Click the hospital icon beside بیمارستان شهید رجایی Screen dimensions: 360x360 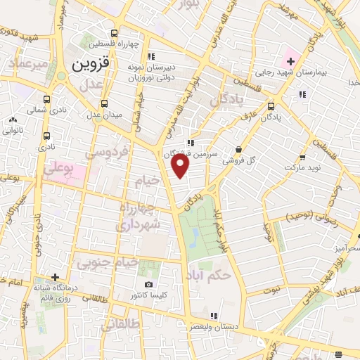coord(290,62)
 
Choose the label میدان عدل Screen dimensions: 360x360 coord(107,115)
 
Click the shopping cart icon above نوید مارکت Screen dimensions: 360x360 coord(302,157)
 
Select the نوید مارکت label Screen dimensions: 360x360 coord(303,169)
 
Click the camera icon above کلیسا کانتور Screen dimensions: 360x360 coord(148,285)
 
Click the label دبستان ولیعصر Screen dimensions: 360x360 coord(213,327)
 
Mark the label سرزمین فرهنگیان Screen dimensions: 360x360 coord(193,153)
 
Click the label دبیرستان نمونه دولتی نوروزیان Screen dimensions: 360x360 coord(151,69)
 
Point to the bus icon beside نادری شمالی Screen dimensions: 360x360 coord(46,100)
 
